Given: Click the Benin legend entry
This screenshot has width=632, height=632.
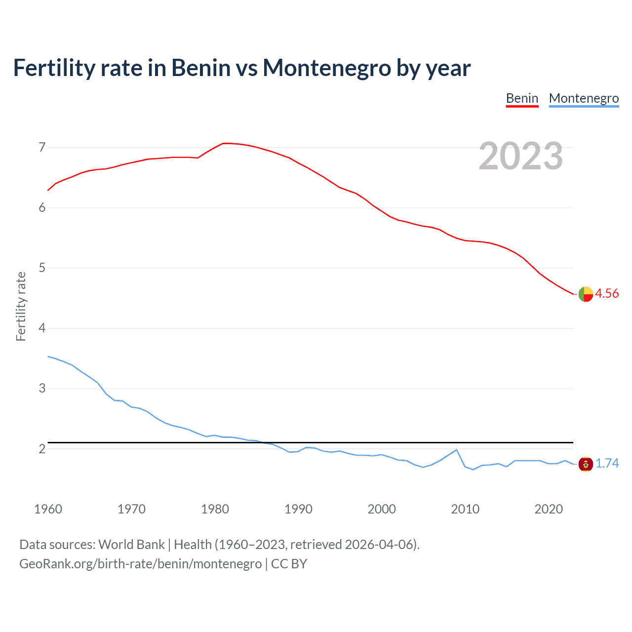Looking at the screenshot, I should [x=522, y=98].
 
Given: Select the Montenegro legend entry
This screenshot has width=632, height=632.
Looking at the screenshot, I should [x=584, y=98].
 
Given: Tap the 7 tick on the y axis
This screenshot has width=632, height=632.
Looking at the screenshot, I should [x=42, y=147].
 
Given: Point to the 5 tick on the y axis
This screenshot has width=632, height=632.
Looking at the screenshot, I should [x=42, y=268].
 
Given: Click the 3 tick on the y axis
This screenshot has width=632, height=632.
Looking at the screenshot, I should [x=42, y=389].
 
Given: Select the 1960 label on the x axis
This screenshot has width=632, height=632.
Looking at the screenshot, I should [x=48, y=509].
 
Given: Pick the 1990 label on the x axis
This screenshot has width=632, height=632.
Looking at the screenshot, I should [x=298, y=509].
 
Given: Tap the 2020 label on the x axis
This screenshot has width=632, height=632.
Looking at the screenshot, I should [x=549, y=509].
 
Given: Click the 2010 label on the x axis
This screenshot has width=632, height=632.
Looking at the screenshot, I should [x=465, y=509].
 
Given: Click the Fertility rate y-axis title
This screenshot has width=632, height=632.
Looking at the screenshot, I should [x=21, y=306].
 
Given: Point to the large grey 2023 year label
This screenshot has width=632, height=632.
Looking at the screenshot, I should [x=520, y=156].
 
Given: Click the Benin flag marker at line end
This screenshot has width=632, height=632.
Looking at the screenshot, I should [x=586, y=294].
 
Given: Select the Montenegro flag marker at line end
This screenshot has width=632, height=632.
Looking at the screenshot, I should [x=586, y=464].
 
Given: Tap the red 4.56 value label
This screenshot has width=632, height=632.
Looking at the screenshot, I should [x=607, y=293].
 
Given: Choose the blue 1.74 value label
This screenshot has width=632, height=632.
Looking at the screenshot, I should [x=607, y=463].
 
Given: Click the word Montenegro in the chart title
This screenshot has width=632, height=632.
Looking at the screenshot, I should [x=327, y=68].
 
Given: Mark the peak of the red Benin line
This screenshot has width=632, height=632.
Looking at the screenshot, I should [x=225, y=143].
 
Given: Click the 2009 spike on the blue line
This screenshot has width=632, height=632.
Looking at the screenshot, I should [x=456, y=450].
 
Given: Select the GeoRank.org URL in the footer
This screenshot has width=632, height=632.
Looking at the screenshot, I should [x=140, y=563].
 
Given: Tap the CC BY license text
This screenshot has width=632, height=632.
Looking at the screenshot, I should [x=289, y=563].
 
